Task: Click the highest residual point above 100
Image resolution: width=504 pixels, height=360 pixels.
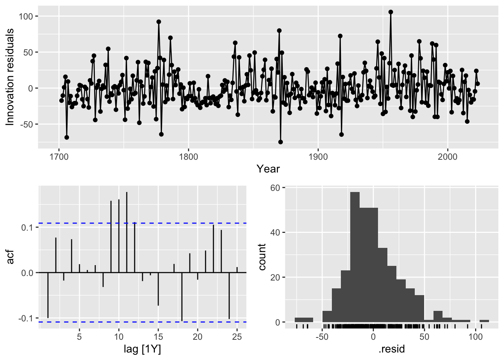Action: (391, 12)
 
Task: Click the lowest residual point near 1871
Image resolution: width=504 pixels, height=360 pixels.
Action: (280, 142)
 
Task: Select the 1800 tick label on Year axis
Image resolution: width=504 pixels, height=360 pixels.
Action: (188, 156)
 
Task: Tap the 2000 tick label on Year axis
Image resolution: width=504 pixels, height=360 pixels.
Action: (447, 156)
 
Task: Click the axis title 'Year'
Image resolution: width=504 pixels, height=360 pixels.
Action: (268, 169)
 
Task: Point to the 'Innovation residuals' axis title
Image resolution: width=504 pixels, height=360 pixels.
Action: (10, 77)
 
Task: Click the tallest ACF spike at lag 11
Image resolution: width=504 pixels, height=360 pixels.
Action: (127, 225)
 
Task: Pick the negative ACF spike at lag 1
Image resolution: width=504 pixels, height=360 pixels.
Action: (48, 296)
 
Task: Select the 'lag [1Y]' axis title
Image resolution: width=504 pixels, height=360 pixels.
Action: (142, 349)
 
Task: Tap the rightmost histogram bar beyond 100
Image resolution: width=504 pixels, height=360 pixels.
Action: (484, 321)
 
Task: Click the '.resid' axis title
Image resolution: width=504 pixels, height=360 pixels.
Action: (392, 349)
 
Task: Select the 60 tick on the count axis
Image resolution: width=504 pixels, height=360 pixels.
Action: (275, 188)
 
